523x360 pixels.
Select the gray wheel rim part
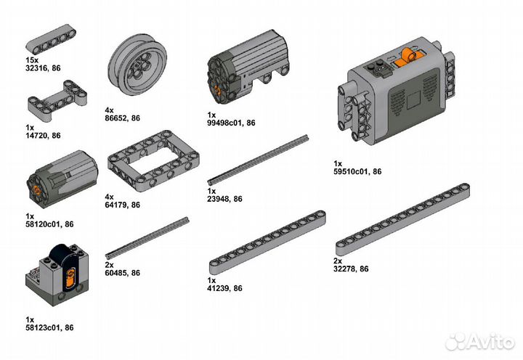click(x=135, y=65)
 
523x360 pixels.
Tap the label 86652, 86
click(x=122, y=118)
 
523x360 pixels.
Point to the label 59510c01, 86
click(x=357, y=172)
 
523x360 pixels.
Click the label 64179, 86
click(x=122, y=205)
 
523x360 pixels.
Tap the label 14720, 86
click(x=43, y=136)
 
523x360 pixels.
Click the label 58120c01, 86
click(x=49, y=225)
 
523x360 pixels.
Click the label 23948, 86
click(x=224, y=199)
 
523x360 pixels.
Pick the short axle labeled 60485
click(x=147, y=237)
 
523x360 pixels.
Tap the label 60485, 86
click(x=122, y=273)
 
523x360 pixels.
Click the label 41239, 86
click(x=224, y=288)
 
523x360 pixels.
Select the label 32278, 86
click(x=351, y=269)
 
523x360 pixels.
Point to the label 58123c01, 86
click(x=49, y=328)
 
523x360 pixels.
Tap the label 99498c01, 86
click(x=231, y=123)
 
